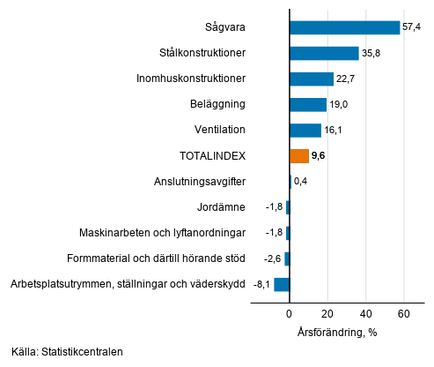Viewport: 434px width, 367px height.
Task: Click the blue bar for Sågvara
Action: [344, 27]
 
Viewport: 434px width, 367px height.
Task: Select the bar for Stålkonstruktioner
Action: [324, 53]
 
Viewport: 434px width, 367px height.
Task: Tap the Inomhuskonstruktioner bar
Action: [311, 79]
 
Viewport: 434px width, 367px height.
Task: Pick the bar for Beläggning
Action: [307, 104]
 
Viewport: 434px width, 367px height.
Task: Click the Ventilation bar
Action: [305, 130]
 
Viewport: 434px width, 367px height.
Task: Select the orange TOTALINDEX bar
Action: [298, 155]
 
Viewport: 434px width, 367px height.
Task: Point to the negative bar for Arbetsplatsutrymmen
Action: [282, 284]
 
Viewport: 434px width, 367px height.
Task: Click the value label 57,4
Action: [413, 27]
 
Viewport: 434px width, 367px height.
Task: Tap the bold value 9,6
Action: [319, 155]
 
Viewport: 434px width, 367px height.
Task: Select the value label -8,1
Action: [261, 284]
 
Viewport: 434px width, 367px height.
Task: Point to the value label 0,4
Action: [301, 182]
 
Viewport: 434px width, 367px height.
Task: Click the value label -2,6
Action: [273, 258]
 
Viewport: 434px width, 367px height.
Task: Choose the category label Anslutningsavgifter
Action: [198, 182]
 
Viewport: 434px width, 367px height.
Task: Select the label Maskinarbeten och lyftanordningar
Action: [163, 233]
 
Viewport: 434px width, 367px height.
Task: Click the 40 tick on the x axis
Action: [365, 314]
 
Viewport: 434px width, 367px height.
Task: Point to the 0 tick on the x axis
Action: [289, 314]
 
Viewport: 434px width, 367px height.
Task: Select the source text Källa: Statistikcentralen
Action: [68, 352]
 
